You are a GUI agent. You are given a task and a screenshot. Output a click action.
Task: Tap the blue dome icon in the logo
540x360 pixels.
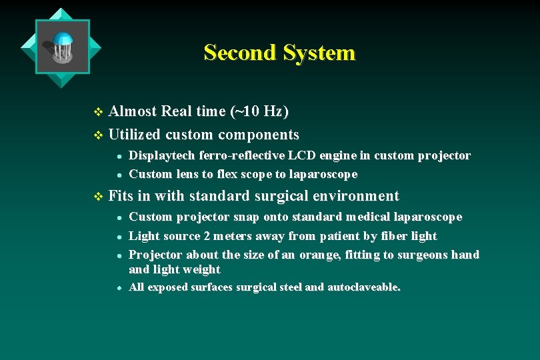(x=63, y=39)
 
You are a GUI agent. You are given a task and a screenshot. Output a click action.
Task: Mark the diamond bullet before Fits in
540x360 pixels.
(x=99, y=197)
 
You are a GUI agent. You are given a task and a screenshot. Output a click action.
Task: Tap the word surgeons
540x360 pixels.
(x=423, y=255)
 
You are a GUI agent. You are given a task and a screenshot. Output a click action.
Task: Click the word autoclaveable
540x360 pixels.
(x=364, y=287)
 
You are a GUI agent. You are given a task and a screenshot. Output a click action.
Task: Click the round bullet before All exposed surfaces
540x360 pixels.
(x=118, y=288)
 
